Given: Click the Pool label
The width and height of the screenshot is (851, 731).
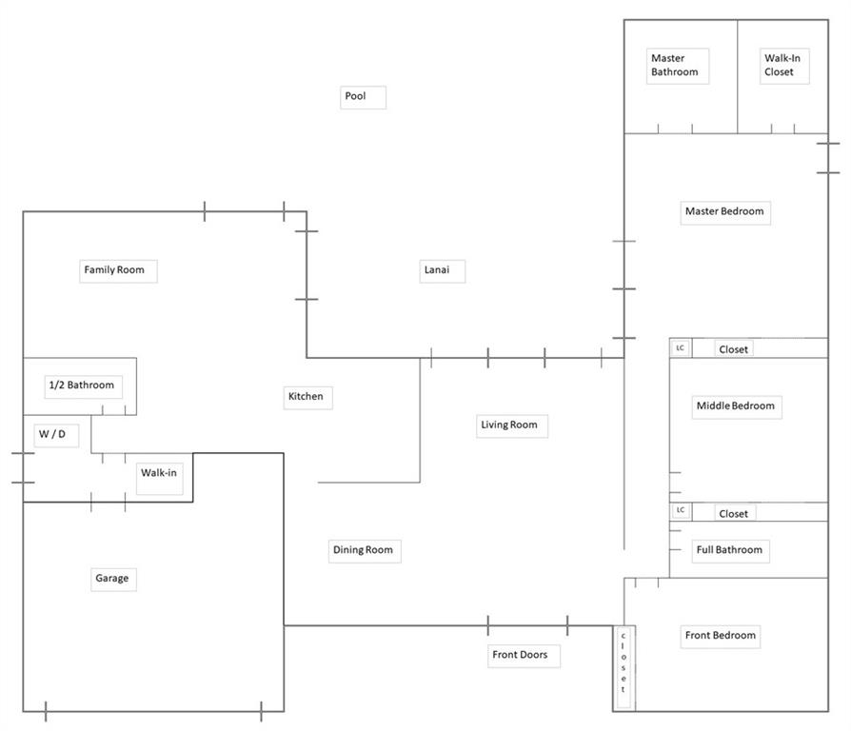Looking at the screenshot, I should click(x=355, y=96).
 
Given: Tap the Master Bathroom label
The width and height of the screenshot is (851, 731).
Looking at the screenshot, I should click(x=675, y=65).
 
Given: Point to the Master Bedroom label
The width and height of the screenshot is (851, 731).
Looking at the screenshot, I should click(x=724, y=211).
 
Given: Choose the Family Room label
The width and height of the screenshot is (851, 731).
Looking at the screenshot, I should click(x=114, y=270).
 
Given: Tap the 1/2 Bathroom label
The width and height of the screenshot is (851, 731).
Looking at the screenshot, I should click(x=81, y=385).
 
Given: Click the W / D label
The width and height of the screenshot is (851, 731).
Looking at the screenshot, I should click(x=52, y=435).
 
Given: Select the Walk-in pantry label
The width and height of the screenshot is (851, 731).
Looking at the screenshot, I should click(x=159, y=472).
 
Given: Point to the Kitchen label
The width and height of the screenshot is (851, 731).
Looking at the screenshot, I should click(x=306, y=397).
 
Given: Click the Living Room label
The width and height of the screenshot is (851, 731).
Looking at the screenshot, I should click(x=509, y=425).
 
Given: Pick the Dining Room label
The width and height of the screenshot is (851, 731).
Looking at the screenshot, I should click(x=363, y=550).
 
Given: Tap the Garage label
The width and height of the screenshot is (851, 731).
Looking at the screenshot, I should click(x=111, y=578).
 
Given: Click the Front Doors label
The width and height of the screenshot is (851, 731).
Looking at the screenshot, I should click(x=520, y=655).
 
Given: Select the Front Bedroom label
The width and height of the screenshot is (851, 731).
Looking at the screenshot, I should click(x=721, y=636).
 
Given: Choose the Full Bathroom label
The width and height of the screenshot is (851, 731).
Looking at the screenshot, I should click(x=729, y=550).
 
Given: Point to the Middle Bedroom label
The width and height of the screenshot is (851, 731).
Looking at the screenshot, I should click(x=736, y=405).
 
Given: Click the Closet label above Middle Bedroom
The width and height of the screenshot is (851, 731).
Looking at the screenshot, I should click(x=733, y=349).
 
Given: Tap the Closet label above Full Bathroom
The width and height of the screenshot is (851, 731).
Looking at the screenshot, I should click(x=733, y=514).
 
